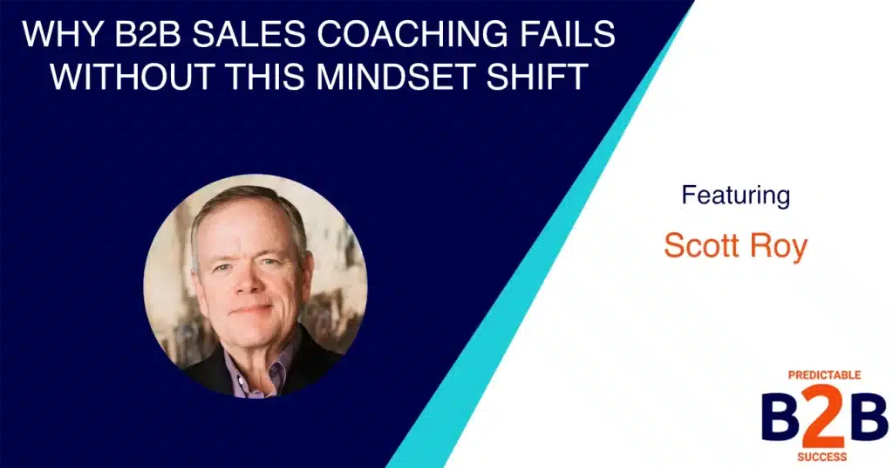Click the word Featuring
pos(735,195)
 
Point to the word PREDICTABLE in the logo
pos(824,375)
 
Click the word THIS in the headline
pos(262,76)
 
